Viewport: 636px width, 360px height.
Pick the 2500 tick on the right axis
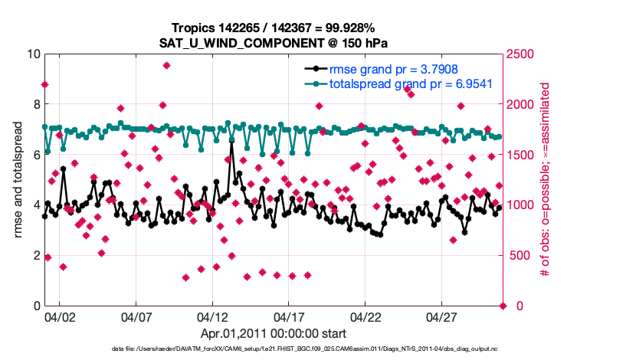pos(526,54)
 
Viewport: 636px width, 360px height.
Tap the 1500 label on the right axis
pos(526,155)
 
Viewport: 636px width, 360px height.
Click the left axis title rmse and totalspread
pos(17,178)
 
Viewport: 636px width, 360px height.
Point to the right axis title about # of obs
pos(546,178)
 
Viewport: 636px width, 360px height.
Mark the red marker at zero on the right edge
pos(503,306)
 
